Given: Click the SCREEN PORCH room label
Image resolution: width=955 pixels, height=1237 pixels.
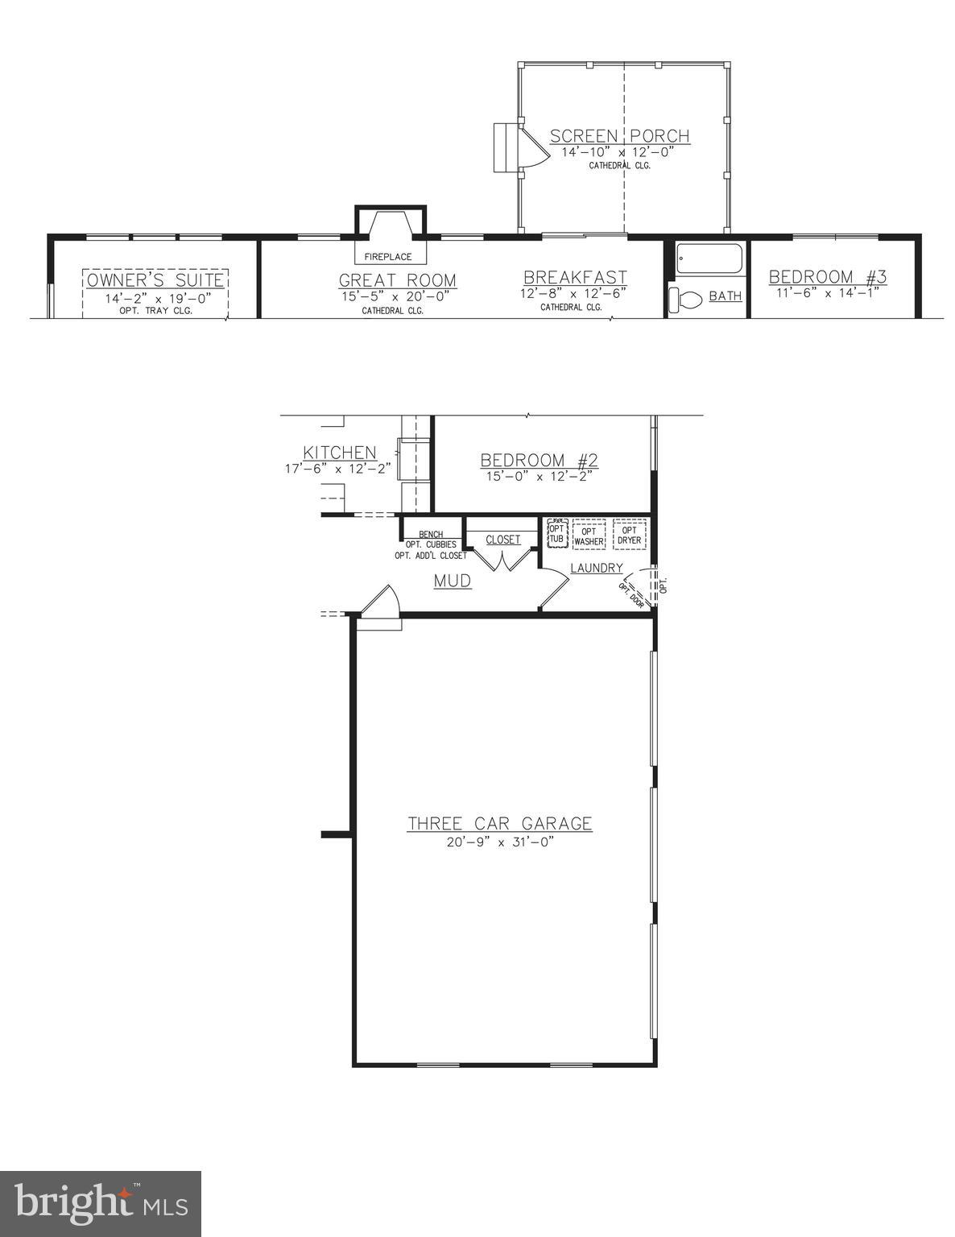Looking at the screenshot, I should pyautogui.click(x=619, y=136).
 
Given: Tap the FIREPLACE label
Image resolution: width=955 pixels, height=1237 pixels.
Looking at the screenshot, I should pyautogui.click(x=387, y=257).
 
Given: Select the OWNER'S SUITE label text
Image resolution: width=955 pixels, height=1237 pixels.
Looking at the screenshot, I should pyautogui.click(x=155, y=280).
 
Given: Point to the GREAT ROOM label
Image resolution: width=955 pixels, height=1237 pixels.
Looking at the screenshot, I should pyautogui.click(x=397, y=280).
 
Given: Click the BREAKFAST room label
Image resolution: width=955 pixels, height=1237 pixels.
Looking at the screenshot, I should pyautogui.click(x=575, y=278).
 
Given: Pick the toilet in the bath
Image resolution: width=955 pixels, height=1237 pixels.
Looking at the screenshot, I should pyautogui.click(x=685, y=300).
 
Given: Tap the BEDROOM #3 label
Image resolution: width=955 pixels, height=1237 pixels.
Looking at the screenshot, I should pyautogui.click(x=827, y=277).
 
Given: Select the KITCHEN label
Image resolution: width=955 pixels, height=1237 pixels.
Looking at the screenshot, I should pyautogui.click(x=339, y=453).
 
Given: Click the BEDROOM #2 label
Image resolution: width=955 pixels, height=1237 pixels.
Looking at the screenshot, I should pyautogui.click(x=539, y=461).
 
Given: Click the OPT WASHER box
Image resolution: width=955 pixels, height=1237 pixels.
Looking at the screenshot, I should pyautogui.click(x=589, y=536).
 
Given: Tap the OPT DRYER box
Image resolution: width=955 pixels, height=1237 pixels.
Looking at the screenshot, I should pyautogui.click(x=629, y=535).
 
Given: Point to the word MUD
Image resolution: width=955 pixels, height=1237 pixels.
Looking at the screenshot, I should pyautogui.click(x=453, y=580).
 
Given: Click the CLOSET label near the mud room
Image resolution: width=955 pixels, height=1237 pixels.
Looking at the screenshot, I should pyautogui.click(x=503, y=540).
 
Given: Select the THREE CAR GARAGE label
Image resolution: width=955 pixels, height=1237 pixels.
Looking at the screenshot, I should pyautogui.click(x=499, y=824).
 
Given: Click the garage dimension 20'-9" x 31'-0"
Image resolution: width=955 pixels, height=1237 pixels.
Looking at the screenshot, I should pyautogui.click(x=499, y=842).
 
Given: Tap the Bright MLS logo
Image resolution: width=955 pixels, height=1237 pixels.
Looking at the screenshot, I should pyautogui.click(x=101, y=1204).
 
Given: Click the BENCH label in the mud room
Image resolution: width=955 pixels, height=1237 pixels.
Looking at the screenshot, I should pyautogui.click(x=431, y=534).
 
